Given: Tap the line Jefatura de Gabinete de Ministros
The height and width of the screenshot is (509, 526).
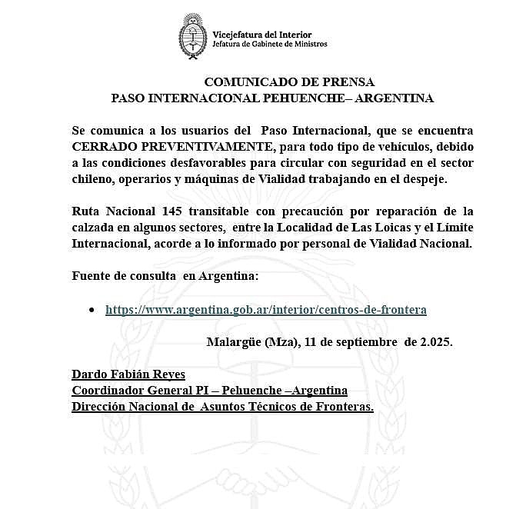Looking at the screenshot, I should click(269, 44).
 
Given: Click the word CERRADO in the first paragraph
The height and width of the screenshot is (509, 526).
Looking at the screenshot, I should click(104, 145).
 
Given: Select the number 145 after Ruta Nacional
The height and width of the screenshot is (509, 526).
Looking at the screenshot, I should click(176, 211).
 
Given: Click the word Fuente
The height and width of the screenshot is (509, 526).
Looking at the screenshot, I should click(92, 276).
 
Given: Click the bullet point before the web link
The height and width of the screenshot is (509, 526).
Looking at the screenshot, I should click(92, 309).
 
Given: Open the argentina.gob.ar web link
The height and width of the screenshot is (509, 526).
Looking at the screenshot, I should click(265, 310).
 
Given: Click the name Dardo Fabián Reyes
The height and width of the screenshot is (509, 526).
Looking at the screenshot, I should click(128, 374).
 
